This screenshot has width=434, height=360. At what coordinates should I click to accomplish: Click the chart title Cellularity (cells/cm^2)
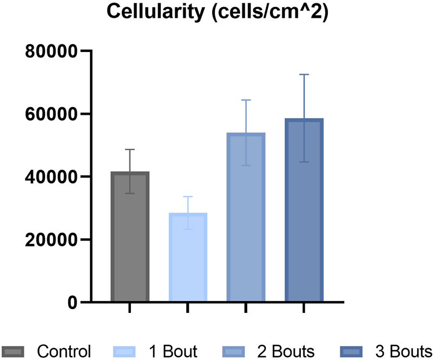click(x=217, y=12)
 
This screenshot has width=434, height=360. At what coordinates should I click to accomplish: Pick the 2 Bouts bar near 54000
click(x=246, y=217)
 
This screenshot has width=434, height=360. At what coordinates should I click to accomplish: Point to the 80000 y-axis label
click(x=52, y=51)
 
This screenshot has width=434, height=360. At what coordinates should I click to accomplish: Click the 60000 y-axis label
click(x=52, y=114)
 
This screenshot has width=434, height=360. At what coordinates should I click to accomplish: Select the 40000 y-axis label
click(x=52, y=177)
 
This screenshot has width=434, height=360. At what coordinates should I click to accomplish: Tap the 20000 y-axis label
click(x=52, y=240)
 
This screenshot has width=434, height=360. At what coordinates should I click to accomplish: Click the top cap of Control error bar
click(x=130, y=149)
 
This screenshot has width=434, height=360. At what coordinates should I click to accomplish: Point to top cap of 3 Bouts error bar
click(x=304, y=75)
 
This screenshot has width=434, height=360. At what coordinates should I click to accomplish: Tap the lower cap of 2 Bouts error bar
click(x=246, y=165)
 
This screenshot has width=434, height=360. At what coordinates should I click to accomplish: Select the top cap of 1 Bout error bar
click(x=188, y=197)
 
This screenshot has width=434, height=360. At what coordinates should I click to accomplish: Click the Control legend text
click(x=64, y=351)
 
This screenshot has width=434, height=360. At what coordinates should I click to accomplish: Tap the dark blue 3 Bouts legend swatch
click(x=353, y=351)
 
